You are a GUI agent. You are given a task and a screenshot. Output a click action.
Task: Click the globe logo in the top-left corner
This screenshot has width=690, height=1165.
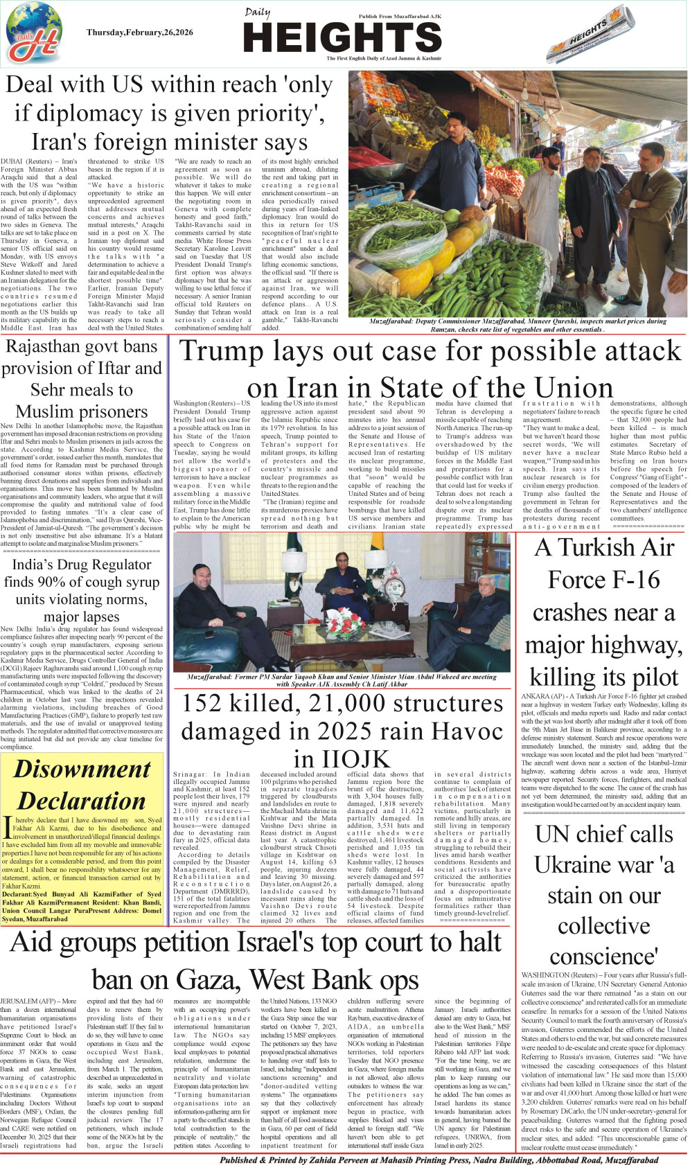point(34,32)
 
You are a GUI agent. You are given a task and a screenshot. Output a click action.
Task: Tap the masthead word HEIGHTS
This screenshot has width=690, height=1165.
point(342,37)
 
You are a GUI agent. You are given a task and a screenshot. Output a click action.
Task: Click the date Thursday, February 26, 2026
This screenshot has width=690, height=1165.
point(140,33)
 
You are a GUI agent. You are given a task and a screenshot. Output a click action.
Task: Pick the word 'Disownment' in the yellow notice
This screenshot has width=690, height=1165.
point(82,769)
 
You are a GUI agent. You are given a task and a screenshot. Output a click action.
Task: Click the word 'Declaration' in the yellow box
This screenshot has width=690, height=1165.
point(82,801)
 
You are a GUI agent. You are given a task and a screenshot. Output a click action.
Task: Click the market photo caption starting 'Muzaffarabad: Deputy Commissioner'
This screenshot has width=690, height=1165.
point(517,325)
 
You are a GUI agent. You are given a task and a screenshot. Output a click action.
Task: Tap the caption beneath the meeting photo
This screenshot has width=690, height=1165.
point(342,680)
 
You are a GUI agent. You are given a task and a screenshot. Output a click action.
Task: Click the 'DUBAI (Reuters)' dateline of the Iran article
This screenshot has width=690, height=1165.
point(21,161)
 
